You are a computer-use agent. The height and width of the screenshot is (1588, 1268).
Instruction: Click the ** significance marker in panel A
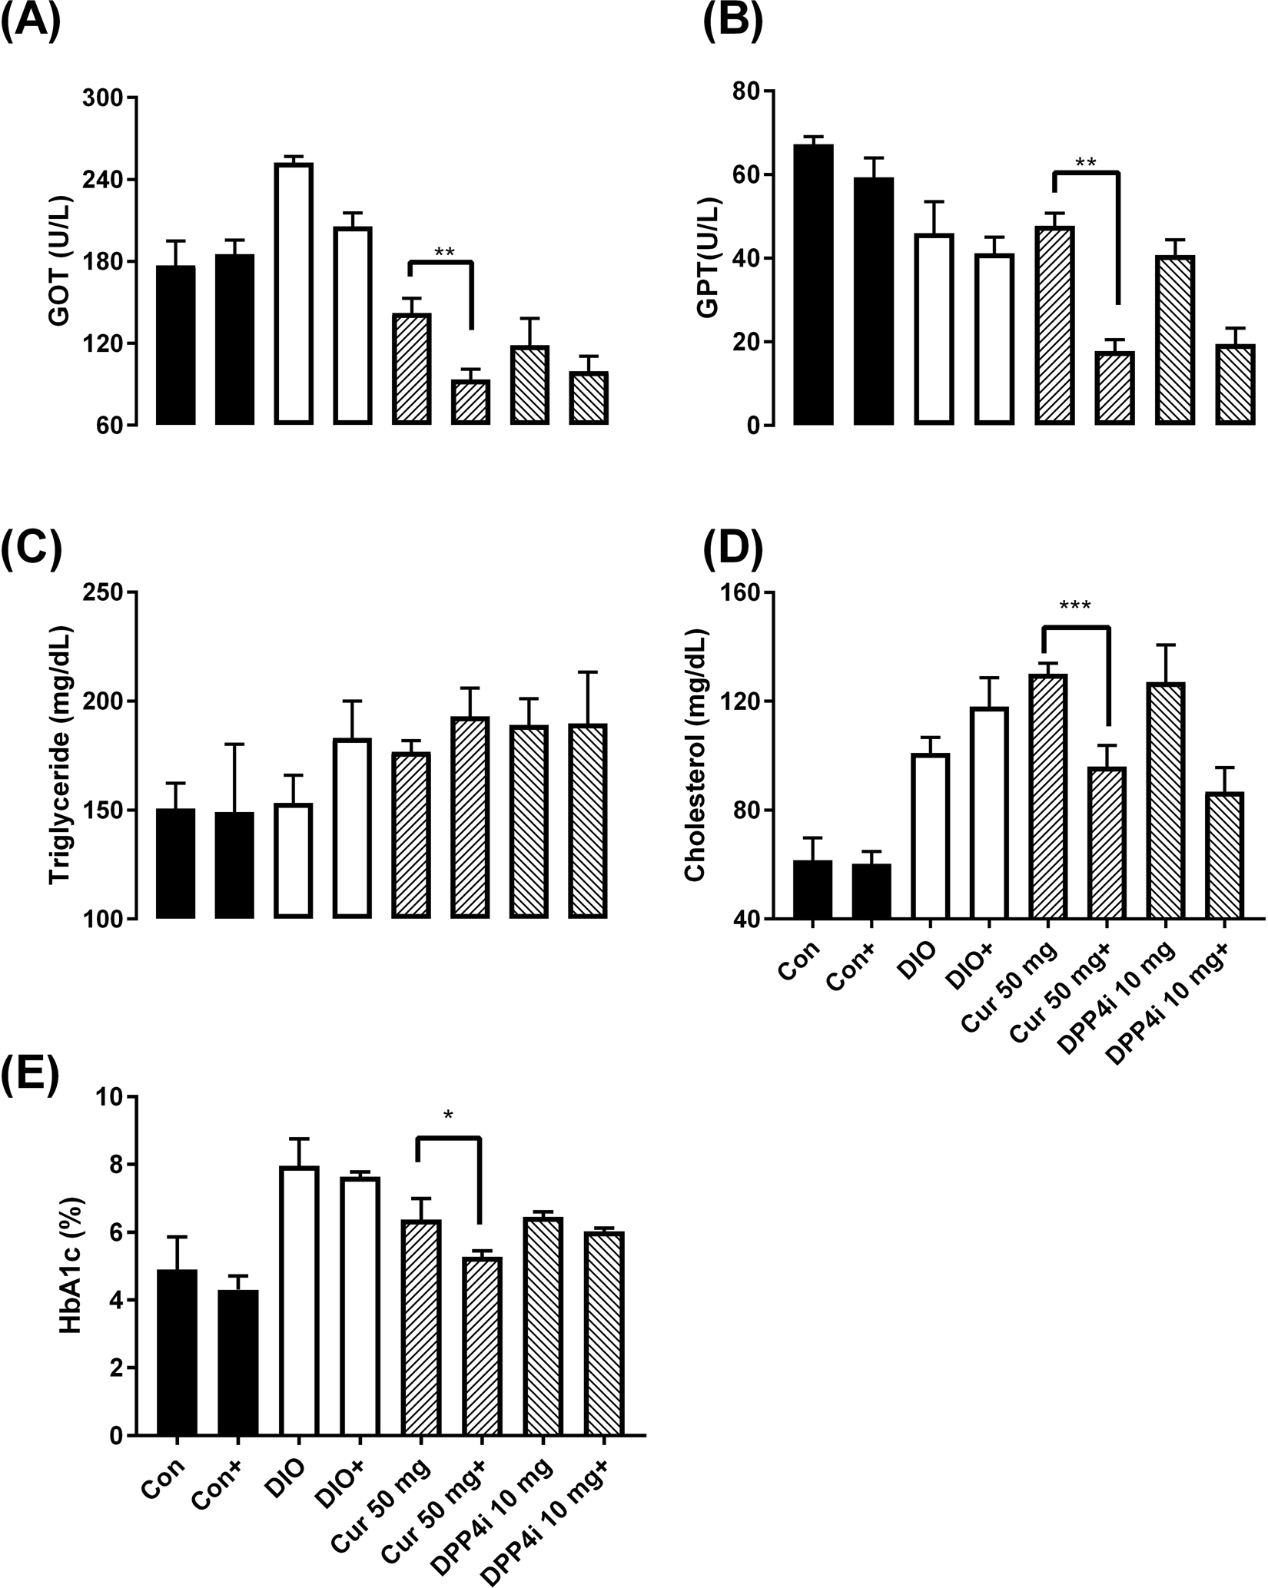pyautogui.click(x=444, y=252)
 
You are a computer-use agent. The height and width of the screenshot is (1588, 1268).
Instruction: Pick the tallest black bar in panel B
pyautogui.click(x=813, y=284)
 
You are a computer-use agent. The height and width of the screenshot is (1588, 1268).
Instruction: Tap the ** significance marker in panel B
pyautogui.click(x=1085, y=163)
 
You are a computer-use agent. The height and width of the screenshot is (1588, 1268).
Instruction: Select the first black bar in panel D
pyautogui.click(x=813, y=889)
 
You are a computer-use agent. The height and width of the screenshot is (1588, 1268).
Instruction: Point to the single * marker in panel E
pyautogui.click(x=448, y=1114)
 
